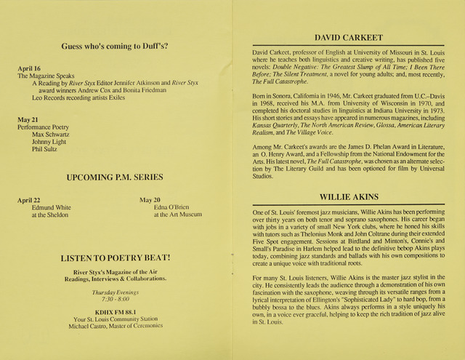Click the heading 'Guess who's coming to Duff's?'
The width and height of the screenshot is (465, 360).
(116, 47)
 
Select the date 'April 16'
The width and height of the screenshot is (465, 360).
(28, 68)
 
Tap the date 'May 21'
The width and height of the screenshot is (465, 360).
(27, 119)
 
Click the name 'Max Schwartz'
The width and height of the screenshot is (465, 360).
(52, 135)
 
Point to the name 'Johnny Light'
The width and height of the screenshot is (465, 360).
(50, 143)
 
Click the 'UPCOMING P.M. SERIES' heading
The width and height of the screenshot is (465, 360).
(115, 177)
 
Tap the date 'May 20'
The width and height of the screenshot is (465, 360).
(151, 199)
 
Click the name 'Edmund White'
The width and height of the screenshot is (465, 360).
(52, 207)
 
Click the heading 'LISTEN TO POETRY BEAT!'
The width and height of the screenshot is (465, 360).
(116, 258)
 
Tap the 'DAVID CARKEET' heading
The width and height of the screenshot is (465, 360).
(349, 37)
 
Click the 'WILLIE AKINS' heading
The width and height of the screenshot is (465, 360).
(349, 196)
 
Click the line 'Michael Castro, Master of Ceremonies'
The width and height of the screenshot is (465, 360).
(116, 325)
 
